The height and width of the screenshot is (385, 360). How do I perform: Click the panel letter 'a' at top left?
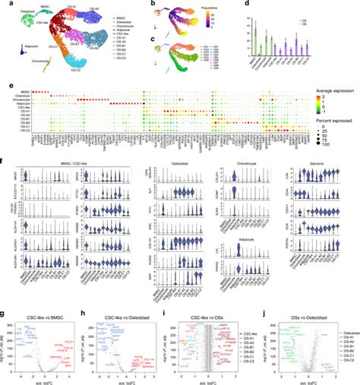point(3,4)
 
